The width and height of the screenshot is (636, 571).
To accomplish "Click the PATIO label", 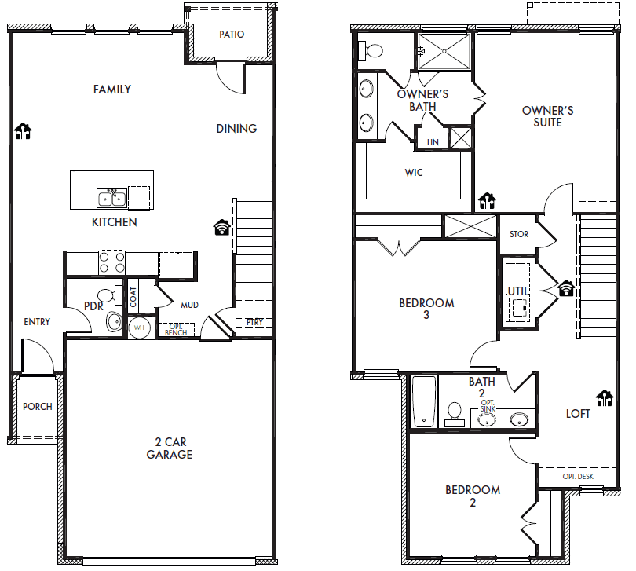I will tap(232, 35).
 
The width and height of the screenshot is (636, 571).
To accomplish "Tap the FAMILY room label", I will tap(112, 90).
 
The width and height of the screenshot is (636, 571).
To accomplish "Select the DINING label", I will tap(236, 129).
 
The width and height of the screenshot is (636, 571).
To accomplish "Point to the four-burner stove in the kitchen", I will tap(111, 262).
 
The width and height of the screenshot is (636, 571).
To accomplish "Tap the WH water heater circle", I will tap(139, 328).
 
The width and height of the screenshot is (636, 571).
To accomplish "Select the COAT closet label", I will tap(133, 297).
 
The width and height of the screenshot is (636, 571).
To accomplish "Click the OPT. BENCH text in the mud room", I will tap(176, 330).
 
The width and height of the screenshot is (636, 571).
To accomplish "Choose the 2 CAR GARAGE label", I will tap(169, 448).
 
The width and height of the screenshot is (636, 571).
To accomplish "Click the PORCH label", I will tap(38, 407).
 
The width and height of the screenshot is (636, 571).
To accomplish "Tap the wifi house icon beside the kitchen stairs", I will tap(222, 228).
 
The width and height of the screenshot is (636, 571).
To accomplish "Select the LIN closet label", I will tap(433, 142).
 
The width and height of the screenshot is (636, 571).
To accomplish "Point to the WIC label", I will tap(413, 173).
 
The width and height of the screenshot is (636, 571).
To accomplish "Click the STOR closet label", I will tap(519, 234).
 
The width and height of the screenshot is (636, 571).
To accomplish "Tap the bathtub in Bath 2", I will tap(423, 401).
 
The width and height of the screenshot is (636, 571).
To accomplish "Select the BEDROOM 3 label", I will tap(426, 309).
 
